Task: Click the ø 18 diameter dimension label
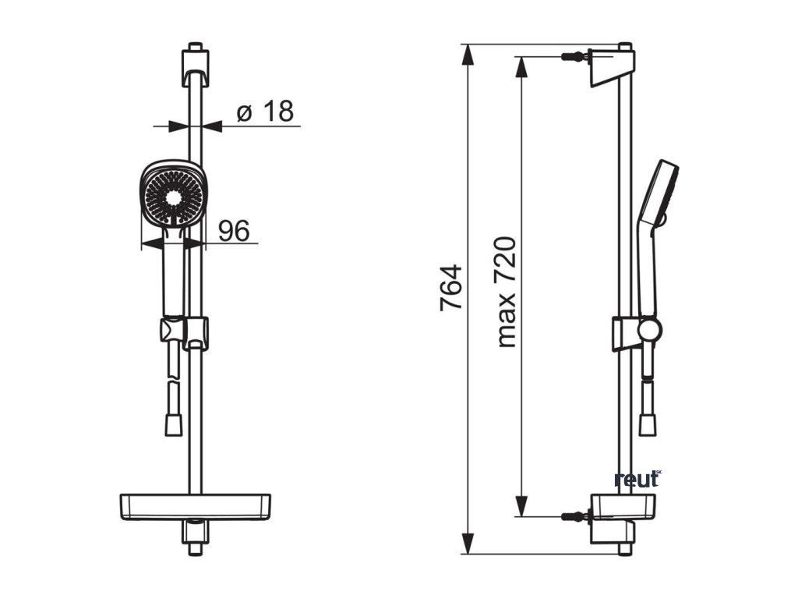[265, 112]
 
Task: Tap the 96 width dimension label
[234, 231]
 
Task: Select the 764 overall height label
[451, 287]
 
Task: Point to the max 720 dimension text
[507, 292]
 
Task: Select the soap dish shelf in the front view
[196, 507]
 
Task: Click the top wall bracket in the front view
[196, 67]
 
